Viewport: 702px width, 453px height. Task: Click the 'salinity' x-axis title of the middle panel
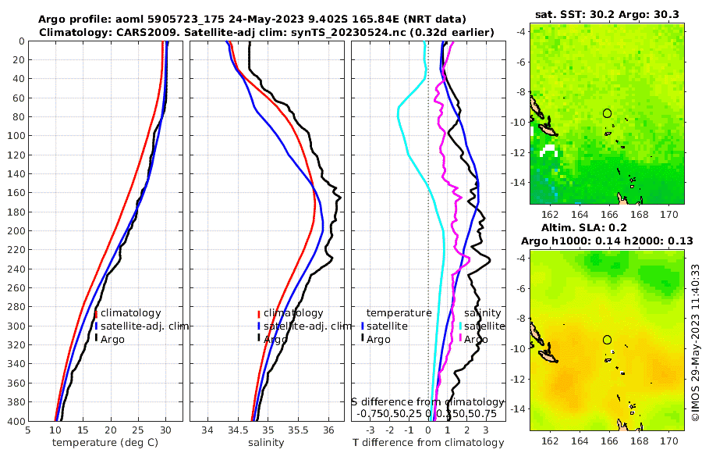point(265,443)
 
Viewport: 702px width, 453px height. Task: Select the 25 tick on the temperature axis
point(138,430)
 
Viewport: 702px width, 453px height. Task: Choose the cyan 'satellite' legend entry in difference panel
point(476,326)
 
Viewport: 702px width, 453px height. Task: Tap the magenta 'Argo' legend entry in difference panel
point(474,340)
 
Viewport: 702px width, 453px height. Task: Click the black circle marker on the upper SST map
point(607,113)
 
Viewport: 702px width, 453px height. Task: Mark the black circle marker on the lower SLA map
point(607,340)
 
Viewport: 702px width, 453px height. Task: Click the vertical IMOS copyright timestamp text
point(695,341)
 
